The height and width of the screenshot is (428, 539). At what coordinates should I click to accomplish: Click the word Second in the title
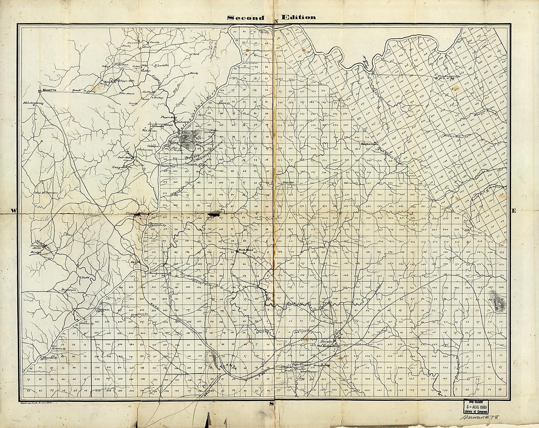pyautogui.click(x=246, y=18)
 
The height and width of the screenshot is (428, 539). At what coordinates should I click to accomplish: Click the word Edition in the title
pyautogui.click(x=298, y=17)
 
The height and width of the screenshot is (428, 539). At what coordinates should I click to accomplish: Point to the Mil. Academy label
pyautogui.click(x=33, y=103)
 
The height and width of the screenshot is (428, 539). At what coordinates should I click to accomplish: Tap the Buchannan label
pyautogui.click(x=369, y=144)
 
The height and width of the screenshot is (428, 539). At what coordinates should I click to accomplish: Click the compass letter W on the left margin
pyautogui.click(x=13, y=210)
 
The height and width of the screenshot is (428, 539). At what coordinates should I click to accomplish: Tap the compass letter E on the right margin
pyautogui.click(x=514, y=210)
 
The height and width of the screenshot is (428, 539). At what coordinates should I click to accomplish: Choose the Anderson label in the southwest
pyautogui.click(x=69, y=290)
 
